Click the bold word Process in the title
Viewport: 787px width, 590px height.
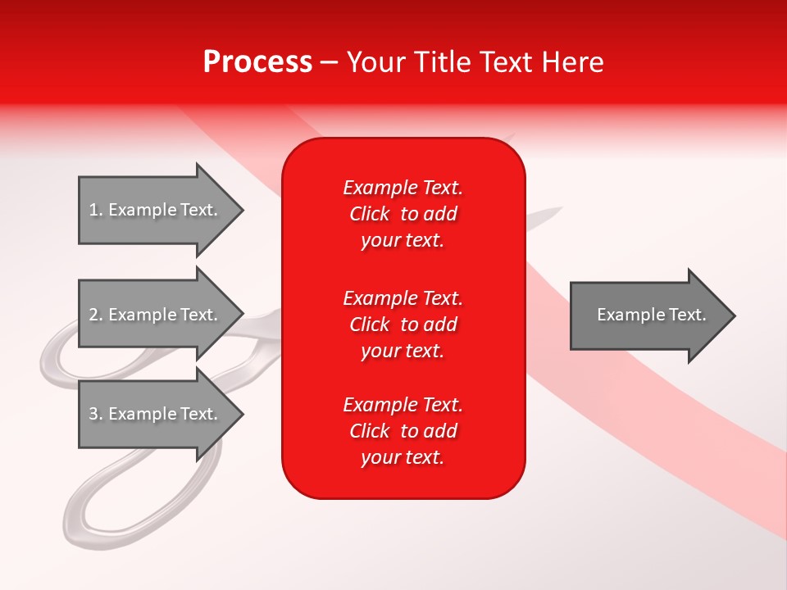[x=257, y=62]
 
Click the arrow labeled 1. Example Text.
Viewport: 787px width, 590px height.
[x=156, y=210]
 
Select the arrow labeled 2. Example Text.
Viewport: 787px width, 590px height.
[x=156, y=315]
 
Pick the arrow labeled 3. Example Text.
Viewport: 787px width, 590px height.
[x=156, y=414]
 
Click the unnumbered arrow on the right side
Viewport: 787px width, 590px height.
[x=648, y=315]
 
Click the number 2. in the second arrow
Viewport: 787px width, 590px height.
[x=96, y=315]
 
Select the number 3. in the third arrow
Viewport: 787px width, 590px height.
[x=96, y=414]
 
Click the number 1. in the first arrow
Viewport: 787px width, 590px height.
[x=95, y=210]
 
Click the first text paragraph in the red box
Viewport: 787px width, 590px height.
[x=403, y=214]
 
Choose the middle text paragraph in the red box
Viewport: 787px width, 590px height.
[x=403, y=324]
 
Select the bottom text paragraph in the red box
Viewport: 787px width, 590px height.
[x=403, y=431]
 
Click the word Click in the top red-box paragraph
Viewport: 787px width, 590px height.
[x=369, y=214]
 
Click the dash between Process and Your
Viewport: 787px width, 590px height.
[x=329, y=63]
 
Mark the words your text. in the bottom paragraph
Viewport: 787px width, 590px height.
[x=403, y=457]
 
